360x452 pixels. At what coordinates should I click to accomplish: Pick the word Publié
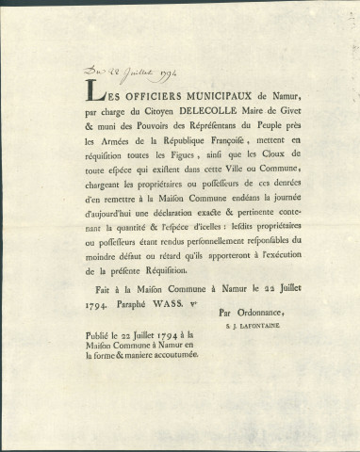[x=100, y=371]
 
